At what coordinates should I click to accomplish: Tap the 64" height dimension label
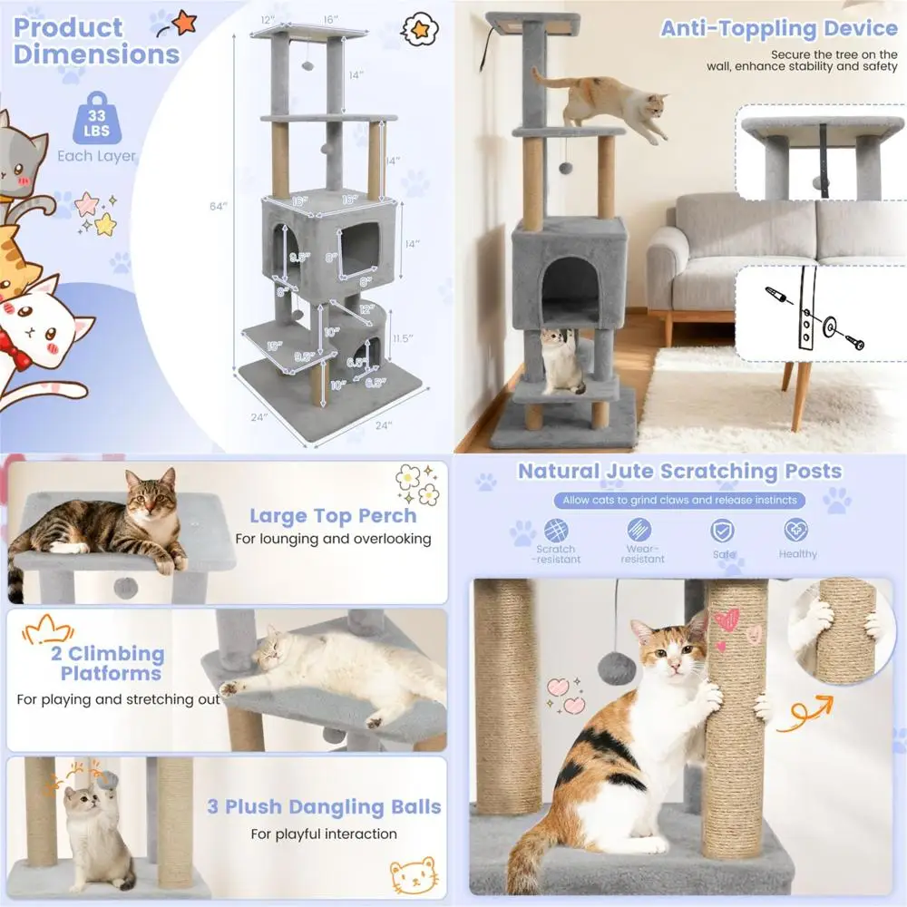[x=218, y=207]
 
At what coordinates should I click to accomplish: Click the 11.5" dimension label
[x=405, y=338]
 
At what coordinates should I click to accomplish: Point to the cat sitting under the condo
[x=561, y=361]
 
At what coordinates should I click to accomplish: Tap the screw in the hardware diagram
[x=853, y=342]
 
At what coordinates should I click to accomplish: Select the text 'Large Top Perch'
[x=333, y=516]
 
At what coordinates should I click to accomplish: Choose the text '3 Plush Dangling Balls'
[x=324, y=806]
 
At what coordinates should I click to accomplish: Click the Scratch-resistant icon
[x=556, y=531]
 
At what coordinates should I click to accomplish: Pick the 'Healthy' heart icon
[x=797, y=531]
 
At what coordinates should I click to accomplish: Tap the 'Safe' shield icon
[x=722, y=531]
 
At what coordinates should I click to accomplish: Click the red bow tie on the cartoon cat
[x=12, y=345]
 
